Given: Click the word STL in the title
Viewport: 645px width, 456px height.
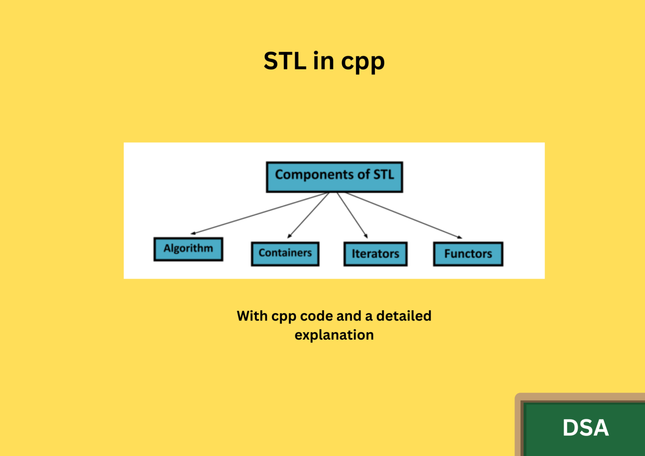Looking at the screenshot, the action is (x=285, y=61).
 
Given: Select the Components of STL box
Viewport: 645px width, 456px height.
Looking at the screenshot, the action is (x=335, y=177).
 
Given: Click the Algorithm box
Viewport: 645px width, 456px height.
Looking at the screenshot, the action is (x=188, y=249).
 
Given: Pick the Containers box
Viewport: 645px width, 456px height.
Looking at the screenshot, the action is (x=285, y=254).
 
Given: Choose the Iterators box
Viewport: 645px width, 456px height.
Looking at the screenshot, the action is (x=375, y=254).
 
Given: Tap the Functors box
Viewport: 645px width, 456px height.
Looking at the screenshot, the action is (x=468, y=254).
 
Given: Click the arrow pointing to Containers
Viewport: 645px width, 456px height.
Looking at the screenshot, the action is (x=308, y=215).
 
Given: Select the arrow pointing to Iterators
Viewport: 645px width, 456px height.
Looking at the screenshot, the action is (x=352, y=215).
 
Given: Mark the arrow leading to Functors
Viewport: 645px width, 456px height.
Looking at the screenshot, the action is (x=404, y=215).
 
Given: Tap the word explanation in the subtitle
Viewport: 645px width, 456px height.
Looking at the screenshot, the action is (x=334, y=335).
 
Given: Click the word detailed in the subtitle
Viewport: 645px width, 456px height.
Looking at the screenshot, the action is (x=404, y=316).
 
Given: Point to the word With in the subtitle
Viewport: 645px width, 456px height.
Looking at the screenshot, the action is (x=252, y=316).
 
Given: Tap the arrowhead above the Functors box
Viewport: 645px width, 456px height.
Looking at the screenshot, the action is (x=459, y=238).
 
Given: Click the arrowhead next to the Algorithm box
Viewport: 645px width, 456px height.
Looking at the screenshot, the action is (x=193, y=233).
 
